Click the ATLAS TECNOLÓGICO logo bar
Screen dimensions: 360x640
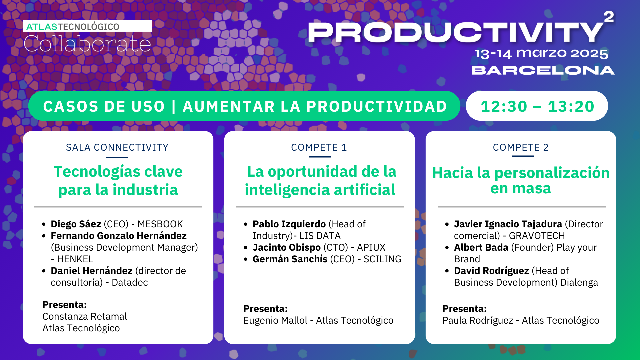tap(87, 26)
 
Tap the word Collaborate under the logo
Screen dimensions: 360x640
tap(87, 44)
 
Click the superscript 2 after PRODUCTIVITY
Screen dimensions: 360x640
tap(609, 17)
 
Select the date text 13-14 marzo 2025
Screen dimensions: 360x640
tap(541, 54)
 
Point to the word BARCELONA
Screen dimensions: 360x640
tap(543, 70)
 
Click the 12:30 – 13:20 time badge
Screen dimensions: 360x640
tap(537, 106)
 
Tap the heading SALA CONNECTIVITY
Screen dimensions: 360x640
tap(117, 147)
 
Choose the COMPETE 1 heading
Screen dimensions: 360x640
tap(319, 147)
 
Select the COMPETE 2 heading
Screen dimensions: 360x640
tap(521, 147)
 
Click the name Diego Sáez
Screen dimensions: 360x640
tap(76, 224)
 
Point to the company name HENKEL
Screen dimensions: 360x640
tap(75, 259)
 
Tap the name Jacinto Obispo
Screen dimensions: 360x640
tap(287, 247)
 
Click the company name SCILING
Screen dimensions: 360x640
tap(382, 259)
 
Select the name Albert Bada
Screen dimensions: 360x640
tap(481, 247)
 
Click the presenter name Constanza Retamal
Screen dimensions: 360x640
tap(85, 316)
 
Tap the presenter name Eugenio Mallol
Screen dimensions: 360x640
tap(275, 320)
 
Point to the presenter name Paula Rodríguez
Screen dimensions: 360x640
tap(478, 320)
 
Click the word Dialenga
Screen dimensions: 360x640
tap(579, 282)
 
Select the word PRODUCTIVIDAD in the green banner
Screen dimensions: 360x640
tap(377, 106)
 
